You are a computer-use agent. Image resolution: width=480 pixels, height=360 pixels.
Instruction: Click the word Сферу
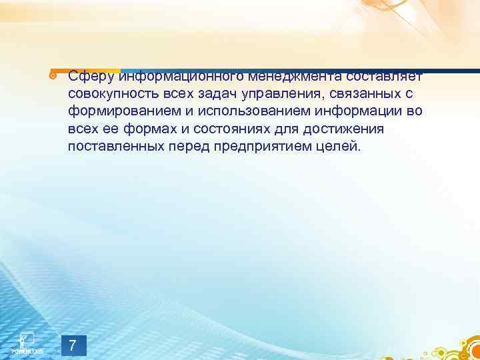[91, 75]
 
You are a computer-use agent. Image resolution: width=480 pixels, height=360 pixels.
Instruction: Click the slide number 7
[73, 345]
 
